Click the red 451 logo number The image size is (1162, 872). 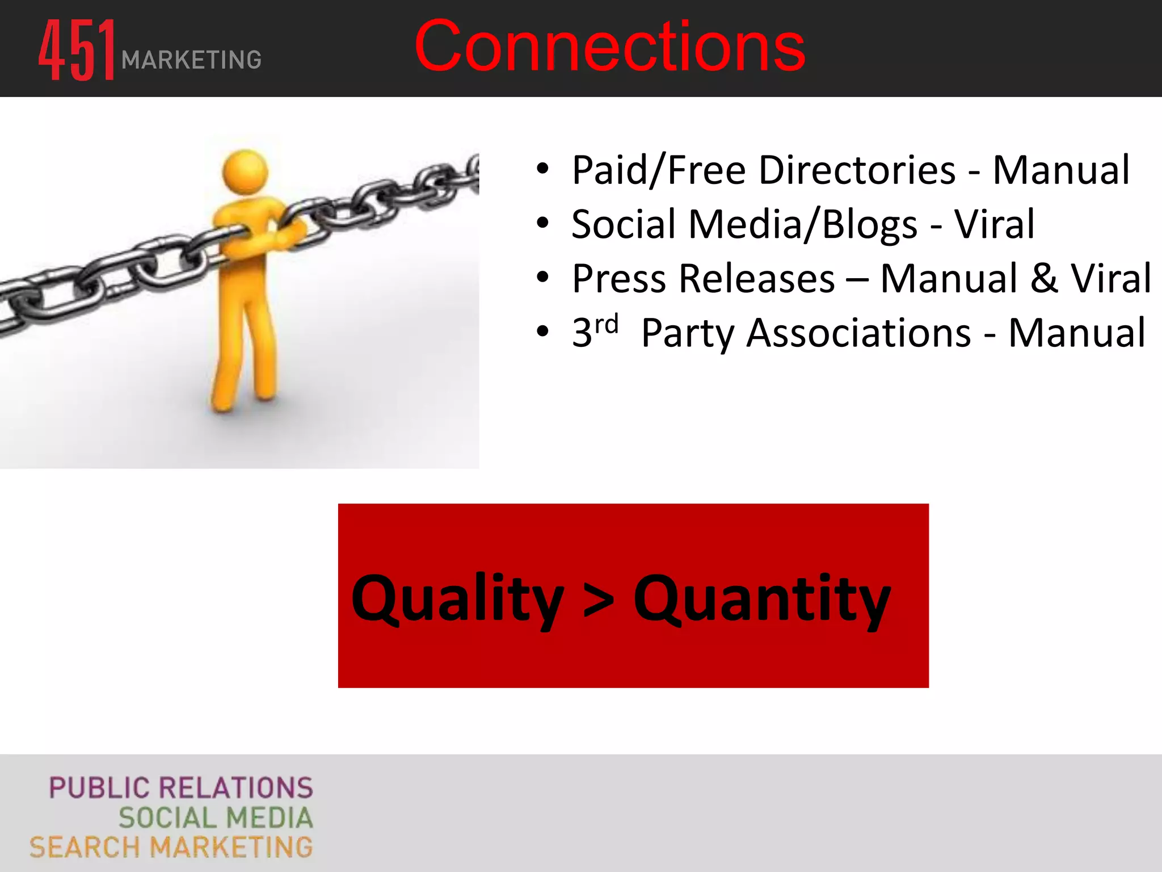[77, 50]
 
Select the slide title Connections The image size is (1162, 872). [610, 47]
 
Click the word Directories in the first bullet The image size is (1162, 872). [857, 170]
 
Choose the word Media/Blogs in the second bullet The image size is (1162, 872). [802, 225]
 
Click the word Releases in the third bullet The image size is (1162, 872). [757, 279]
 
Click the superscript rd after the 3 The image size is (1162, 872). [607, 324]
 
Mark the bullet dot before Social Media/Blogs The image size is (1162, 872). [543, 223]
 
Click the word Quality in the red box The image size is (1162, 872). [457, 599]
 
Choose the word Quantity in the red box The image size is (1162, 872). [761, 599]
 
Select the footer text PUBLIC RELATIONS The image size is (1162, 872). [181, 788]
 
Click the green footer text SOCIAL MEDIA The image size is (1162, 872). [216, 818]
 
